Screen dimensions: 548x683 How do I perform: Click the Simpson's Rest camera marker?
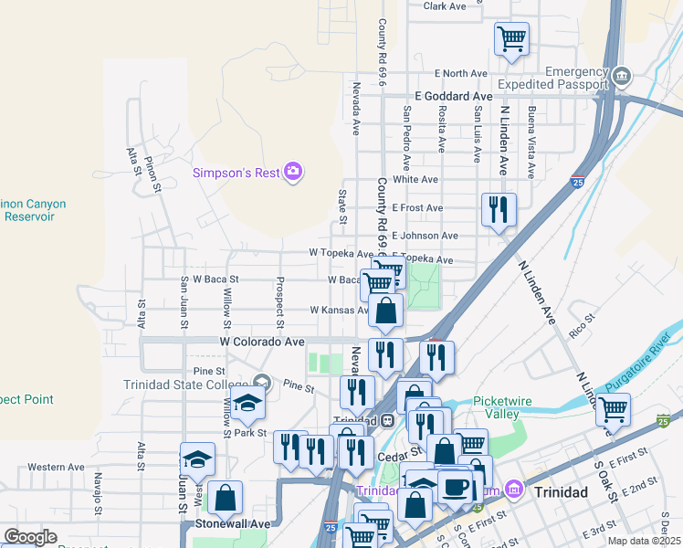(x=293, y=172)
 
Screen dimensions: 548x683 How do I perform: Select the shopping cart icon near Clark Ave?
(x=511, y=39)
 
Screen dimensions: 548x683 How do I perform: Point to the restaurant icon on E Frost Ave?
(x=499, y=209)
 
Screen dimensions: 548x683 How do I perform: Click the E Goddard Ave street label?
(x=453, y=96)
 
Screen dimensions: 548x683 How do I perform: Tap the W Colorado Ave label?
(x=262, y=342)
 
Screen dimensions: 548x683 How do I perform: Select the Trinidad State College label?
(x=187, y=384)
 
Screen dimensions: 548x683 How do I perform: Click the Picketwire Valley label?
(x=510, y=407)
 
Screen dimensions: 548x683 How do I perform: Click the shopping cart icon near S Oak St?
(x=614, y=410)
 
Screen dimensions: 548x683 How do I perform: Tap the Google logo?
(x=30, y=537)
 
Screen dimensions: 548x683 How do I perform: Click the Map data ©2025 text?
(x=645, y=541)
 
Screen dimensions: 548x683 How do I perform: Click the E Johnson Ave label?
(x=425, y=236)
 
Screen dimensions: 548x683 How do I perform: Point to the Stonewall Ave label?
(x=232, y=524)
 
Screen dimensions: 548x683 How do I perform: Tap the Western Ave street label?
(x=56, y=467)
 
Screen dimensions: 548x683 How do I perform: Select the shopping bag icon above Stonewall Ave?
(x=225, y=499)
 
